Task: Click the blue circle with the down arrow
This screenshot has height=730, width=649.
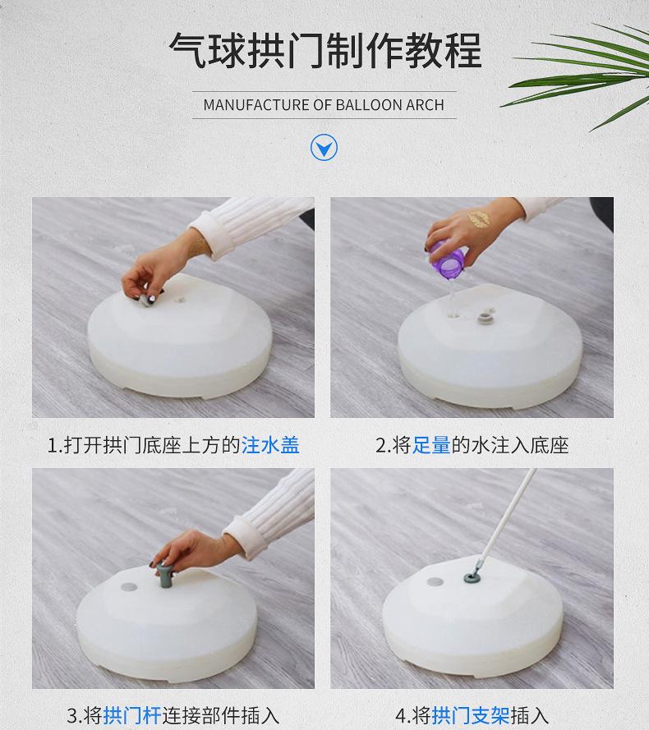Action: click(324, 148)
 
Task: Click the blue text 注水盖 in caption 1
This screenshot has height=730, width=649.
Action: click(270, 445)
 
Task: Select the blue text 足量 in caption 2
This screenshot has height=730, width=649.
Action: click(431, 445)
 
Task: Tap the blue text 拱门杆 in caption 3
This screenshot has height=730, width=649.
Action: click(132, 715)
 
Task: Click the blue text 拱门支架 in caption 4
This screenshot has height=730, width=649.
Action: click(470, 715)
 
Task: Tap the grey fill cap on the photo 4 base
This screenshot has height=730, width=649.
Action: click(435, 582)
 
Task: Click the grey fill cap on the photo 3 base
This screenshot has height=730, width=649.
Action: click(130, 586)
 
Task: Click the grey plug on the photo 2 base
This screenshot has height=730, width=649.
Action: click(485, 318)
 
